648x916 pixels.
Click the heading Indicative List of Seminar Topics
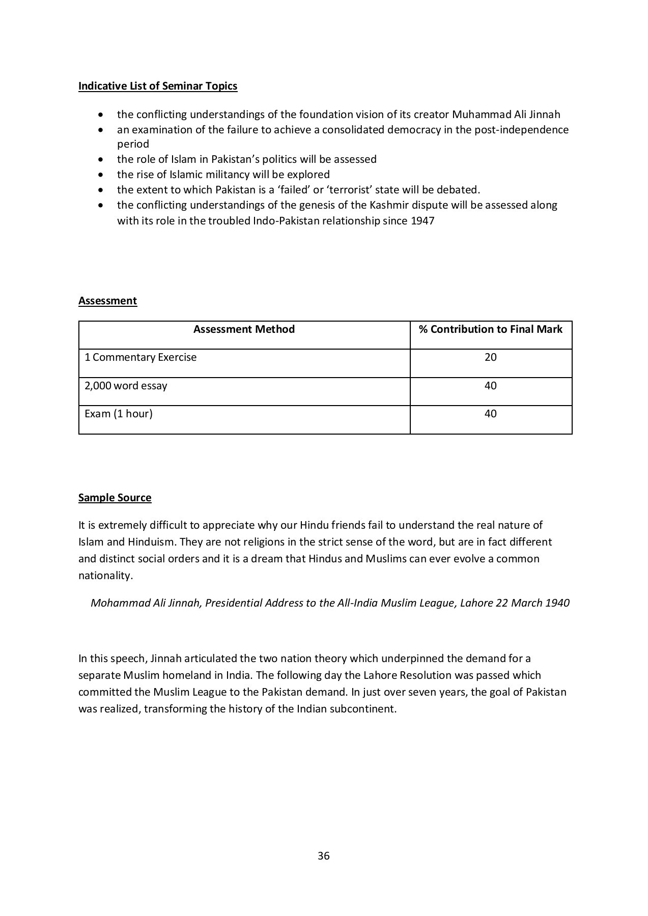158,86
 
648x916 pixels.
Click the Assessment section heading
107,301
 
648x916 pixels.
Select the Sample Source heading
115,498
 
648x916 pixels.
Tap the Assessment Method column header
244,329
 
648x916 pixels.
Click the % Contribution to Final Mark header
490,329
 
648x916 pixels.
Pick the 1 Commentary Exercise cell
140,357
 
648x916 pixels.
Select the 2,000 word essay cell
126,386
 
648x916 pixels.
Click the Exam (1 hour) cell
119,414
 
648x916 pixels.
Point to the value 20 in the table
490,357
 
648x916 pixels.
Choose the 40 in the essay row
490,386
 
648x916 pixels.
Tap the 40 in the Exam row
490,414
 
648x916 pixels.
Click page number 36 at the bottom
324,856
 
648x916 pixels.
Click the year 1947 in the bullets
422,221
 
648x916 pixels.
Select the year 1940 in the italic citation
557,603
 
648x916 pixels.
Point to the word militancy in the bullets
226,175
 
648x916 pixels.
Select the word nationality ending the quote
104,576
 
